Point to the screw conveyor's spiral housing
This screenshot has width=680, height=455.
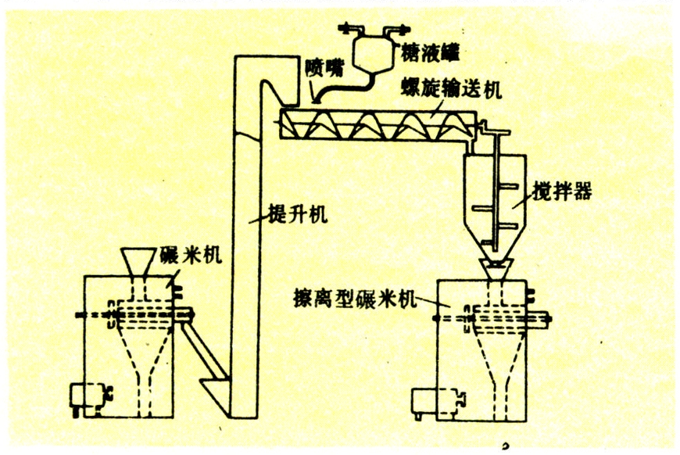(x=375, y=126)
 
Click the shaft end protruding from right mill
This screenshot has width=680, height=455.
(x=542, y=320)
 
